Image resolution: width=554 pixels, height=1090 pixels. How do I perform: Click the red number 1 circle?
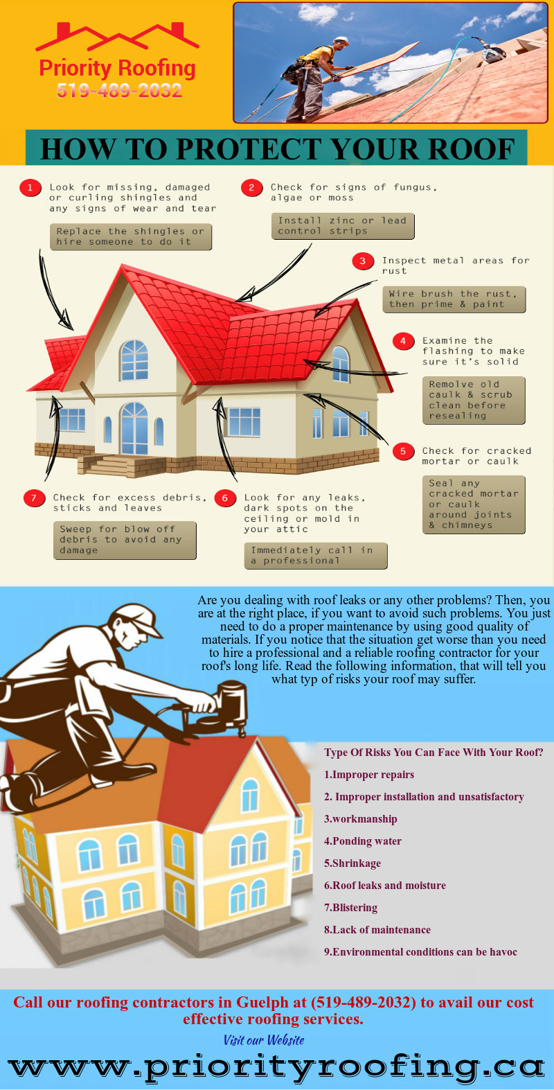30,188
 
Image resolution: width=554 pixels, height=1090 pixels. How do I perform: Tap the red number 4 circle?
403,341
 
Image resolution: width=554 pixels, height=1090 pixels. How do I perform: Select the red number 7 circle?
34,498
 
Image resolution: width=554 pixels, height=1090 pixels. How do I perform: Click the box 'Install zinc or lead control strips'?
343,226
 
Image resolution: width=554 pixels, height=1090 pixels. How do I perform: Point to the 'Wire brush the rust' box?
454,299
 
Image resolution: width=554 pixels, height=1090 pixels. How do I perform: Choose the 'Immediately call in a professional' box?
316,556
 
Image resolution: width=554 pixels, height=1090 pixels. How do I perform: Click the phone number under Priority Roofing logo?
119,91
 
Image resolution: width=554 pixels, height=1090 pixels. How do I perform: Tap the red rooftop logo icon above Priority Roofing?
117,37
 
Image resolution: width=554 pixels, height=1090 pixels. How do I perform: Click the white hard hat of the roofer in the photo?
341,40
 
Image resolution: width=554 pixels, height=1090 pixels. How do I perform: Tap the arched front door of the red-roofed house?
134,428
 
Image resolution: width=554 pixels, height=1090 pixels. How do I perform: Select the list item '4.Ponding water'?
363,841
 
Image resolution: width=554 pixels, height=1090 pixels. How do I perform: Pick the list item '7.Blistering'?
350,908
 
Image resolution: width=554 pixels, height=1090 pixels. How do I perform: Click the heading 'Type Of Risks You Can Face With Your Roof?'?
434,753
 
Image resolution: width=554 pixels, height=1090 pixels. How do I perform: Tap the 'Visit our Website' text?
264,1040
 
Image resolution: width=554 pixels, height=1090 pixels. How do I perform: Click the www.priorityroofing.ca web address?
276,1067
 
